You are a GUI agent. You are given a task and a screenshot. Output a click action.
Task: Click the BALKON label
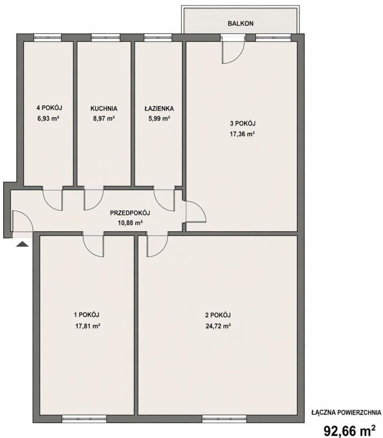point(241,23)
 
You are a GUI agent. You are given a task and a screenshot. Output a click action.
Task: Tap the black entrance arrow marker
point(22,245)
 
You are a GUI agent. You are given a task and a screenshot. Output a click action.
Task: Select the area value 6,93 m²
point(48,118)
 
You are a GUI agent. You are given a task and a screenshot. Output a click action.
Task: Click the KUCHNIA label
point(104,109)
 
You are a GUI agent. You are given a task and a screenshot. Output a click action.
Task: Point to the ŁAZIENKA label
point(159,108)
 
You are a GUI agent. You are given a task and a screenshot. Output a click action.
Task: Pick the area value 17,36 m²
point(242,134)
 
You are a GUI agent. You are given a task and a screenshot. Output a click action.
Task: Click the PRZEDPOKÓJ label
point(130,213)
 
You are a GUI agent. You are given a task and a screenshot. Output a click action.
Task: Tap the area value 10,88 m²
point(131,223)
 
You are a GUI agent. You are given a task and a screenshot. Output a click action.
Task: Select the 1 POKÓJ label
point(86,315)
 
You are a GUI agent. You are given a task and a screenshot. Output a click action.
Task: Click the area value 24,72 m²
point(218,326)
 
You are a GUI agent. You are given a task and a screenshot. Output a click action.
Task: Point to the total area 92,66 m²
point(350,430)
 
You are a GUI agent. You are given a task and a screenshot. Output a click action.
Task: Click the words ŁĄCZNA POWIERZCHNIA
point(346,412)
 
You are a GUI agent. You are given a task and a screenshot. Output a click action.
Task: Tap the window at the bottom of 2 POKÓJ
point(225,418)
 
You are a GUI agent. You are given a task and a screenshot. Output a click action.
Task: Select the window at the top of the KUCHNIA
point(105,37)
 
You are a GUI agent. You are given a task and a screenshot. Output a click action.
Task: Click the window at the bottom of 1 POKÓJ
point(84,418)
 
